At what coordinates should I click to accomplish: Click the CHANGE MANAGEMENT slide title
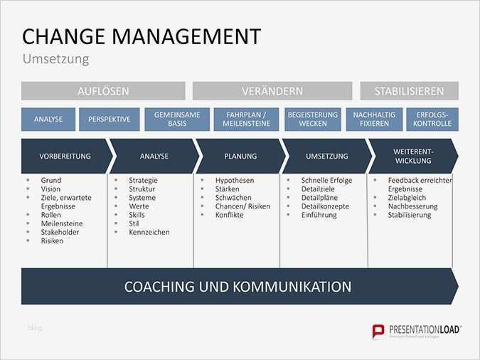[x=142, y=36]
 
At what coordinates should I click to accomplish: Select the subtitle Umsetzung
[x=55, y=59]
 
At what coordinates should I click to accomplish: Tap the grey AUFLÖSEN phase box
[x=103, y=91]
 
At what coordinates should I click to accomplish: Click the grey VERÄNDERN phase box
[x=272, y=91]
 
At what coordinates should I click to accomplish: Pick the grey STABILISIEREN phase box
[x=409, y=91]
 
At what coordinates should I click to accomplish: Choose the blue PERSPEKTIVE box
[x=110, y=120]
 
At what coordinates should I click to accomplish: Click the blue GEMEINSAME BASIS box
[x=177, y=120]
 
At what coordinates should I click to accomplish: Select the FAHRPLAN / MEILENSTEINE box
[x=246, y=120]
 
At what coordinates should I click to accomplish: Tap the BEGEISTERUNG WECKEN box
[x=312, y=120]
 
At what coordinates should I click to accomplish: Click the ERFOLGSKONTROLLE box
[x=432, y=120]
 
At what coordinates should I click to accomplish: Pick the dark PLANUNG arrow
[x=240, y=156]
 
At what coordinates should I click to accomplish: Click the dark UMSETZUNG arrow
[x=326, y=156]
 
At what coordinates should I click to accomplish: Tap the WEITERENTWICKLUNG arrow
[x=413, y=156]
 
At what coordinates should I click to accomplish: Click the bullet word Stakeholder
[x=60, y=232]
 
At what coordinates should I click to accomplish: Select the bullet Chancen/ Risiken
[x=242, y=206]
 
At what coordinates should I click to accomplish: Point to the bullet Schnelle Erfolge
[x=326, y=181]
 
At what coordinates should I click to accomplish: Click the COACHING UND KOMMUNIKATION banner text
[x=238, y=287]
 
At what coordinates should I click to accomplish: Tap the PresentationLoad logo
[x=417, y=330]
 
